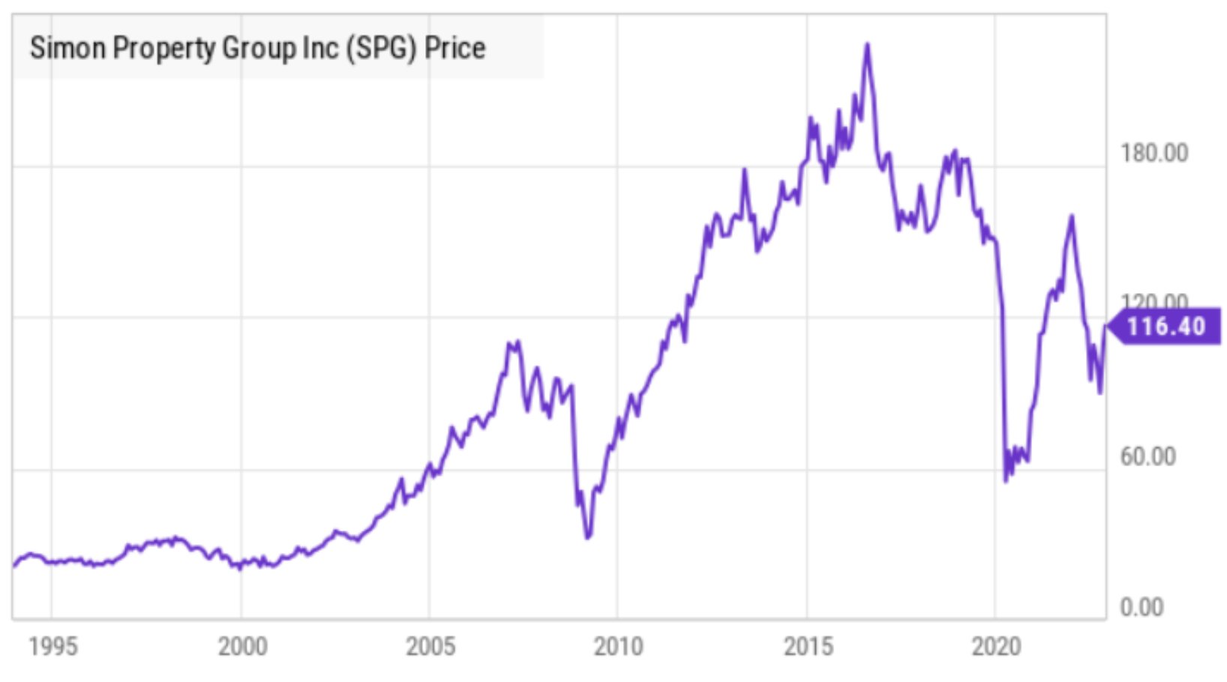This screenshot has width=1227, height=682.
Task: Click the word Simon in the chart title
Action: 67,48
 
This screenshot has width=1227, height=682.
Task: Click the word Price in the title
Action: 454,48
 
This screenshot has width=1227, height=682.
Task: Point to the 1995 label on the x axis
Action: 53,647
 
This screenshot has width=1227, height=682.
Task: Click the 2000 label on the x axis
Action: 242,647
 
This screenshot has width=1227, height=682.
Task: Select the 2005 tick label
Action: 430,647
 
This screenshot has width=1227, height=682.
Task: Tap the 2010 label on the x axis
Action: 619,647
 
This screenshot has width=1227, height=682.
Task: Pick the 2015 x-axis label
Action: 808,647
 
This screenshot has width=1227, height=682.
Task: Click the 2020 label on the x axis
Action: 997,647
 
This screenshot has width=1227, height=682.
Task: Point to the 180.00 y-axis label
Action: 1154,153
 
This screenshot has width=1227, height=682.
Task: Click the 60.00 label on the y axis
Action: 1147,456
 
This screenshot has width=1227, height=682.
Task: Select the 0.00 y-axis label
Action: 1141,608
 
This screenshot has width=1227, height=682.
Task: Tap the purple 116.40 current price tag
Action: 1165,327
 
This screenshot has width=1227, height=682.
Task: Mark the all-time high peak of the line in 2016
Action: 867,44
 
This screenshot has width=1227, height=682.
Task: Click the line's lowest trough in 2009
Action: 588,537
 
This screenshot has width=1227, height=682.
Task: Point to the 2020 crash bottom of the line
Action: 1006,481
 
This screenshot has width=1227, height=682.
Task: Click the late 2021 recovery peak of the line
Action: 1072,217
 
